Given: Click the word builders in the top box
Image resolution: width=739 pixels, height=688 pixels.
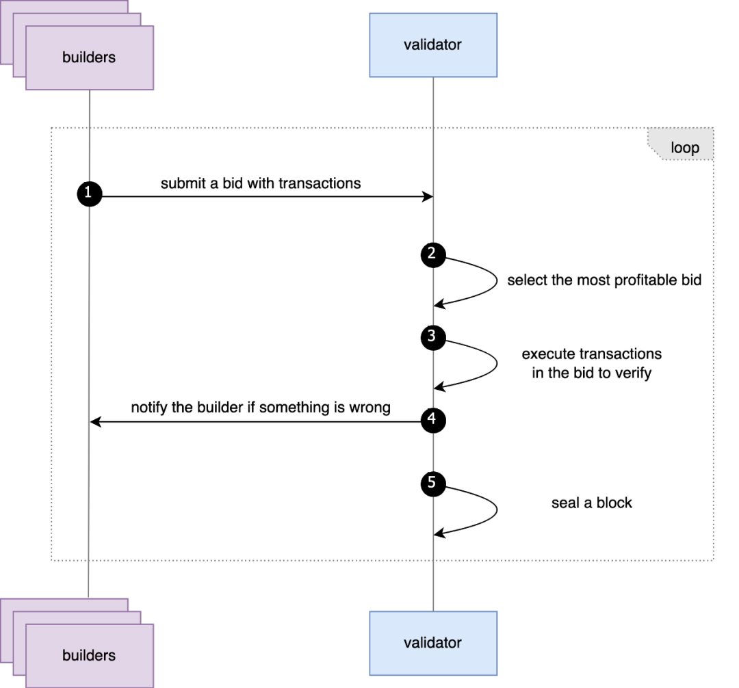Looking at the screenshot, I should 89,57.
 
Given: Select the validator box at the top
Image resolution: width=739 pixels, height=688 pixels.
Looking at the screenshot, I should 433,45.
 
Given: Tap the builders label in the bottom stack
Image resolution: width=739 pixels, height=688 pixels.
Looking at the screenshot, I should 89,655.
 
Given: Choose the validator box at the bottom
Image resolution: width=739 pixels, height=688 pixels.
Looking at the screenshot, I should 433,643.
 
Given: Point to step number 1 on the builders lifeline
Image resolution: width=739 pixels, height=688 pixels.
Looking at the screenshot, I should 88,193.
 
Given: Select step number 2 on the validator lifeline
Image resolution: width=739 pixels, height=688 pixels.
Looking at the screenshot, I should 431,253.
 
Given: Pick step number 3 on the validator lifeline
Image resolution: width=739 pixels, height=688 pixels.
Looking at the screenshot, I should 431,336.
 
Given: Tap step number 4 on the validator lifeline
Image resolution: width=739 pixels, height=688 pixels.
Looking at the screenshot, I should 431,419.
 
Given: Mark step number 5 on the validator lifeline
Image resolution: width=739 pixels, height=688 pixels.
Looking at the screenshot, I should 431,482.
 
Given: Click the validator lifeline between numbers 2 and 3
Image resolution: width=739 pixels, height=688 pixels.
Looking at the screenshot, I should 433,294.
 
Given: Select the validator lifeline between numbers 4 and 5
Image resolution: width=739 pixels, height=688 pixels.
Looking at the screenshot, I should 433,450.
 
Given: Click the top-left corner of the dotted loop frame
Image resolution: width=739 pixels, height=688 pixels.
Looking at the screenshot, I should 52,128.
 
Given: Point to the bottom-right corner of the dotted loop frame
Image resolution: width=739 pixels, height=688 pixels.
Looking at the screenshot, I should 714,561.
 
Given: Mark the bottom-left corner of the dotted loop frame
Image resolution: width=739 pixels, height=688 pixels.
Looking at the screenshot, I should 52,561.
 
